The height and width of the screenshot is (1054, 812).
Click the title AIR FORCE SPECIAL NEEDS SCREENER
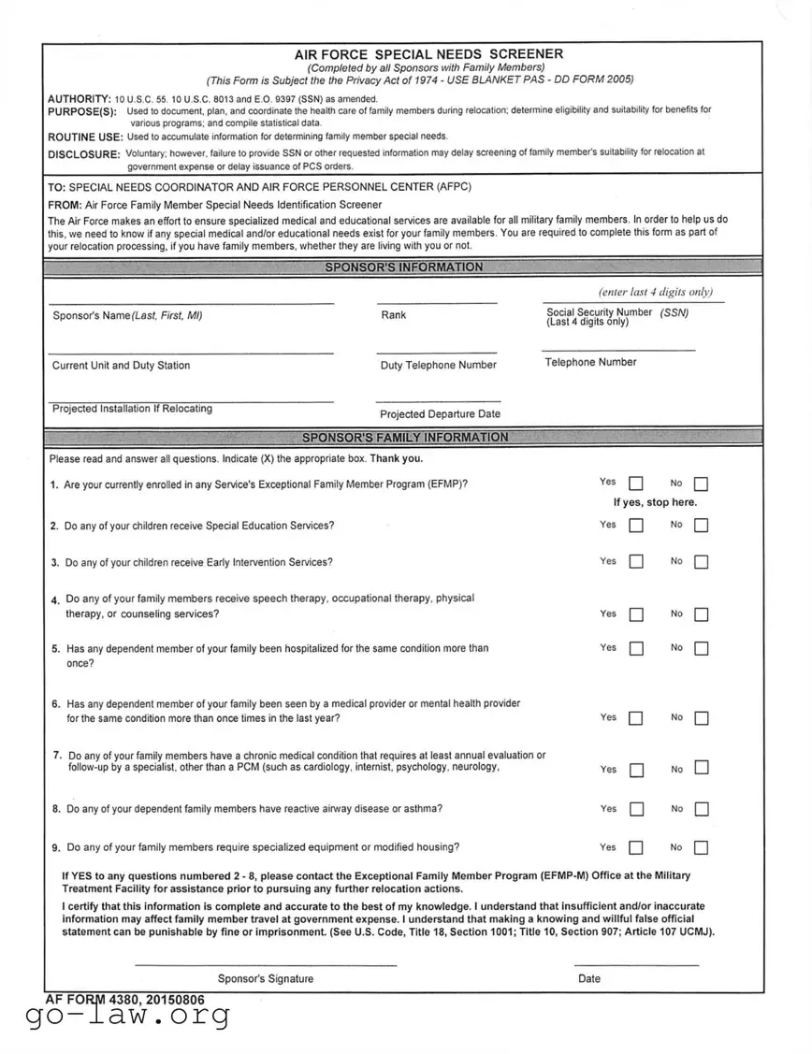[x=428, y=54]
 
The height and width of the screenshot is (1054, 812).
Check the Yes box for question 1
[x=636, y=484]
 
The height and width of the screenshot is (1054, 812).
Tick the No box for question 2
[x=702, y=526]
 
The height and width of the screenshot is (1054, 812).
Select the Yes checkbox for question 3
[x=636, y=562]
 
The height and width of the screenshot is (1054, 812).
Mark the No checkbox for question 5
[x=702, y=648]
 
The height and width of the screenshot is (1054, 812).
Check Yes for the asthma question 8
[x=636, y=809]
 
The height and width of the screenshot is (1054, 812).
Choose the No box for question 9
[x=702, y=848]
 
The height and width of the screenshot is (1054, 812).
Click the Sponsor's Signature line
[x=266, y=963]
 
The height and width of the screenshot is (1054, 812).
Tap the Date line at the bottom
[x=636, y=963]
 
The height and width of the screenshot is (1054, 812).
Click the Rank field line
[x=437, y=302]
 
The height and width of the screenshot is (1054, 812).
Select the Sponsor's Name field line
[x=191, y=302]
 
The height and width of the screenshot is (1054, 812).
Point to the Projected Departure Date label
[x=440, y=413]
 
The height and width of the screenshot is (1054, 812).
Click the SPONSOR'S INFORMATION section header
[x=404, y=267]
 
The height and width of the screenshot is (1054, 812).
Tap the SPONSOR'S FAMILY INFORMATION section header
[x=405, y=438]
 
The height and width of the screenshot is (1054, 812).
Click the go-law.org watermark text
[x=127, y=1019]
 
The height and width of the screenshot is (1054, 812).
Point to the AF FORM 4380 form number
[x=124, y=999]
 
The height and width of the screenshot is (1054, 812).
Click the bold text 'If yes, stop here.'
[x=655, y=502]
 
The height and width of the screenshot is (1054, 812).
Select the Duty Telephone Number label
[x=438, y=365]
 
